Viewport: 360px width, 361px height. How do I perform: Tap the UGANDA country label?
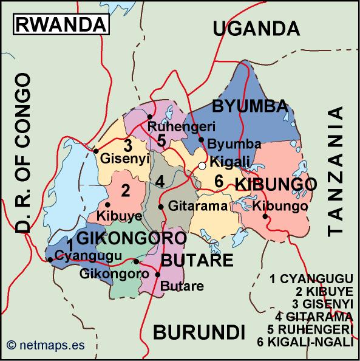click(257, 28)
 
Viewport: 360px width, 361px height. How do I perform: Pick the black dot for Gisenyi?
click(96, 151)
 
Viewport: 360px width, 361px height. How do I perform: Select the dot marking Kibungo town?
click(265, 217)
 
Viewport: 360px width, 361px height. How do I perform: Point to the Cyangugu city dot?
click(50, 260)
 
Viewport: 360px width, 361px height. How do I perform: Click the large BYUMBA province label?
click(249, 107)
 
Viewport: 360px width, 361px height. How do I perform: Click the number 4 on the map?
click(160, 181)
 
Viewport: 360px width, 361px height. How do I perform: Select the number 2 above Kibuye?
click(126, 190)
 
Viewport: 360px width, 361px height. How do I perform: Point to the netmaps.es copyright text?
click(46, 346)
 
